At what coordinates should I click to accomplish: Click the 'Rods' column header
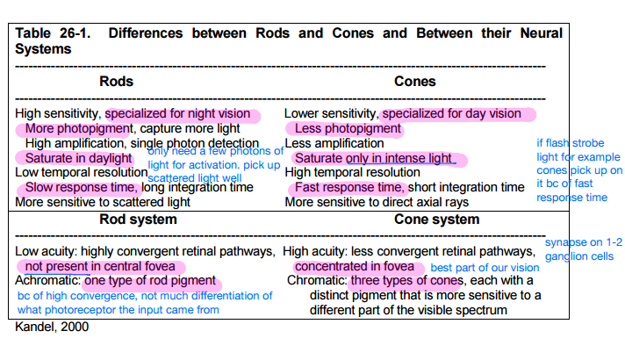[116, 82]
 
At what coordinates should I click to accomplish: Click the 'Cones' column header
[414, 82]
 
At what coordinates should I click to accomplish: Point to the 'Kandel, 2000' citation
[52, 327]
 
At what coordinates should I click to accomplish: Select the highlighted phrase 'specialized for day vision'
[451, 114]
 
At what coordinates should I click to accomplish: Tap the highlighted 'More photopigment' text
[72, 129]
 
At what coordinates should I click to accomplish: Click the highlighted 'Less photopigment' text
[342, 129]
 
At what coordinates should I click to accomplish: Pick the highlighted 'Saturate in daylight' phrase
[77, 158]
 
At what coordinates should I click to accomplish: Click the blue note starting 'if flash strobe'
[579, 169]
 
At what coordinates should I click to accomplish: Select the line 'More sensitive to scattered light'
[102, 202]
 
